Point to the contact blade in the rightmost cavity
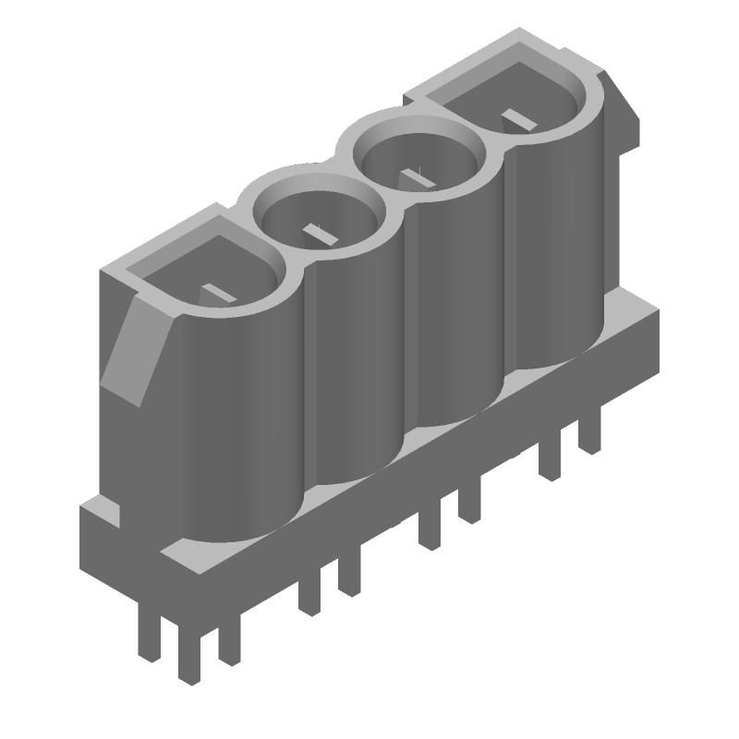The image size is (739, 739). [517, 118]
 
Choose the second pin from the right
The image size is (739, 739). [551, 457]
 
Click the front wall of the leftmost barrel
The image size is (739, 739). [236, 416]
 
